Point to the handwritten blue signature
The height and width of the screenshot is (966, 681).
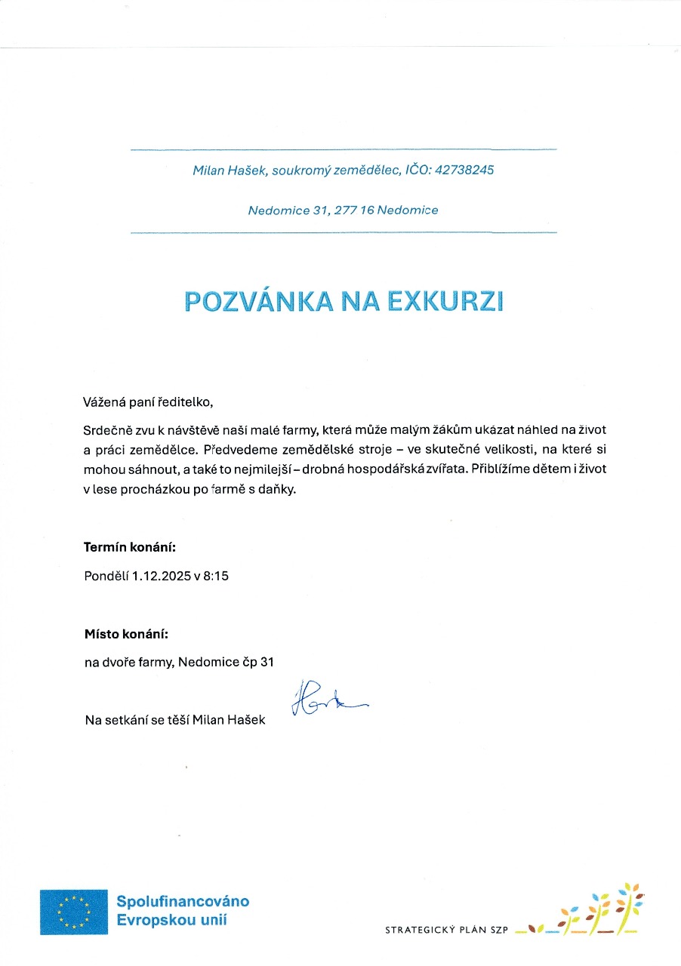click(x=325, y=700)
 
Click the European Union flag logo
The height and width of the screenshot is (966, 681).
click(x=74, y=912)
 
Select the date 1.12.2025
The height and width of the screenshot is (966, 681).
click(x=162, y=577)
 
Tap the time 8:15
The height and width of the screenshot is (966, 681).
click(x=216, y=577)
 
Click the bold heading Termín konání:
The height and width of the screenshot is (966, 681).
click(x=130, y=547)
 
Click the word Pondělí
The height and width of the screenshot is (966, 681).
click(x=106, y=577)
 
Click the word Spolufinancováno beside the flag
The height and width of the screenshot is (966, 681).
click(x=183, y=901)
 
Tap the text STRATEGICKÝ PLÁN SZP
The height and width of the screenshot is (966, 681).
click(x=445, y=931)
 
